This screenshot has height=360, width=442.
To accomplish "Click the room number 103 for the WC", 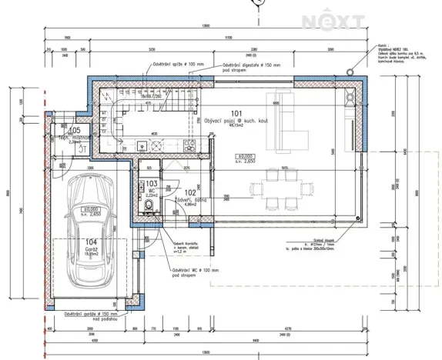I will point(152,185).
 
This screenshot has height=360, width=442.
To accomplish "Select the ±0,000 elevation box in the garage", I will point(91,211).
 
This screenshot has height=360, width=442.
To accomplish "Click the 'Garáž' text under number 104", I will point(91,252).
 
